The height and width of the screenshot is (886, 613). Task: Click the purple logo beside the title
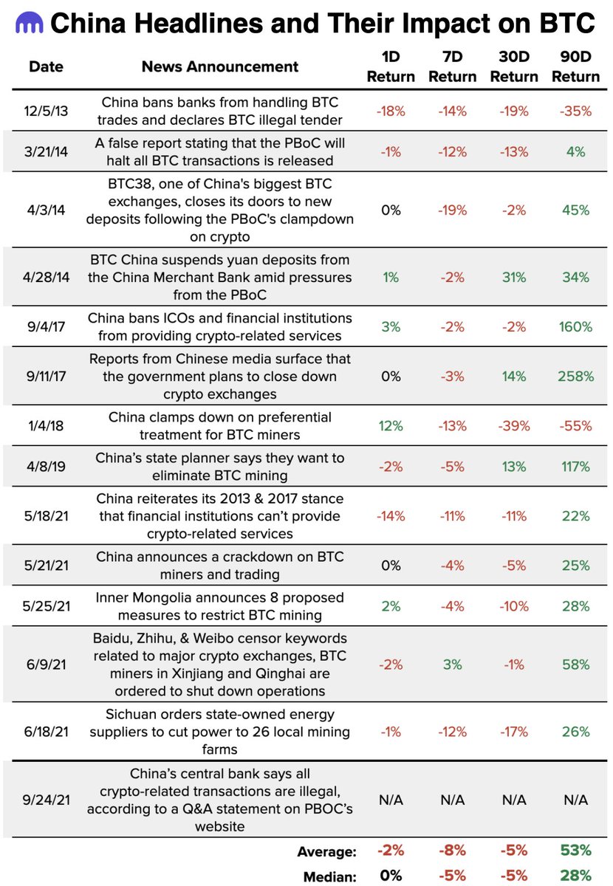28,24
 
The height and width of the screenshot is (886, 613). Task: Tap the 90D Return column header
576,66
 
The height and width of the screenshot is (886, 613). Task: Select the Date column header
46,66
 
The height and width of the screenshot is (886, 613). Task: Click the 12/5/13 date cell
46,111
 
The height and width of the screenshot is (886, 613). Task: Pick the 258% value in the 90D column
576,376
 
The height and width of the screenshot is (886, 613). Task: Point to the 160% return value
576,326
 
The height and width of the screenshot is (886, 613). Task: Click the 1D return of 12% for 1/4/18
391,426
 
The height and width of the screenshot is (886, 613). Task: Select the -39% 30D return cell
514,426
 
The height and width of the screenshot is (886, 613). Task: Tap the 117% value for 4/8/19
576,467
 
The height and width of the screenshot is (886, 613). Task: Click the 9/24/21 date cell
46,800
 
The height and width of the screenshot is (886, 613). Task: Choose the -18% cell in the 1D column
391,111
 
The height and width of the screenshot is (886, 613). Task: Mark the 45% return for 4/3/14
576,210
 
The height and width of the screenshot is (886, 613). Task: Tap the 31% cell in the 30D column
514,277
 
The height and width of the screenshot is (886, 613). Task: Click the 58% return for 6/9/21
576,664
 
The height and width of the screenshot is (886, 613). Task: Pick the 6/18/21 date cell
46,732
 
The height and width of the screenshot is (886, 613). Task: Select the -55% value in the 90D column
576,426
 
